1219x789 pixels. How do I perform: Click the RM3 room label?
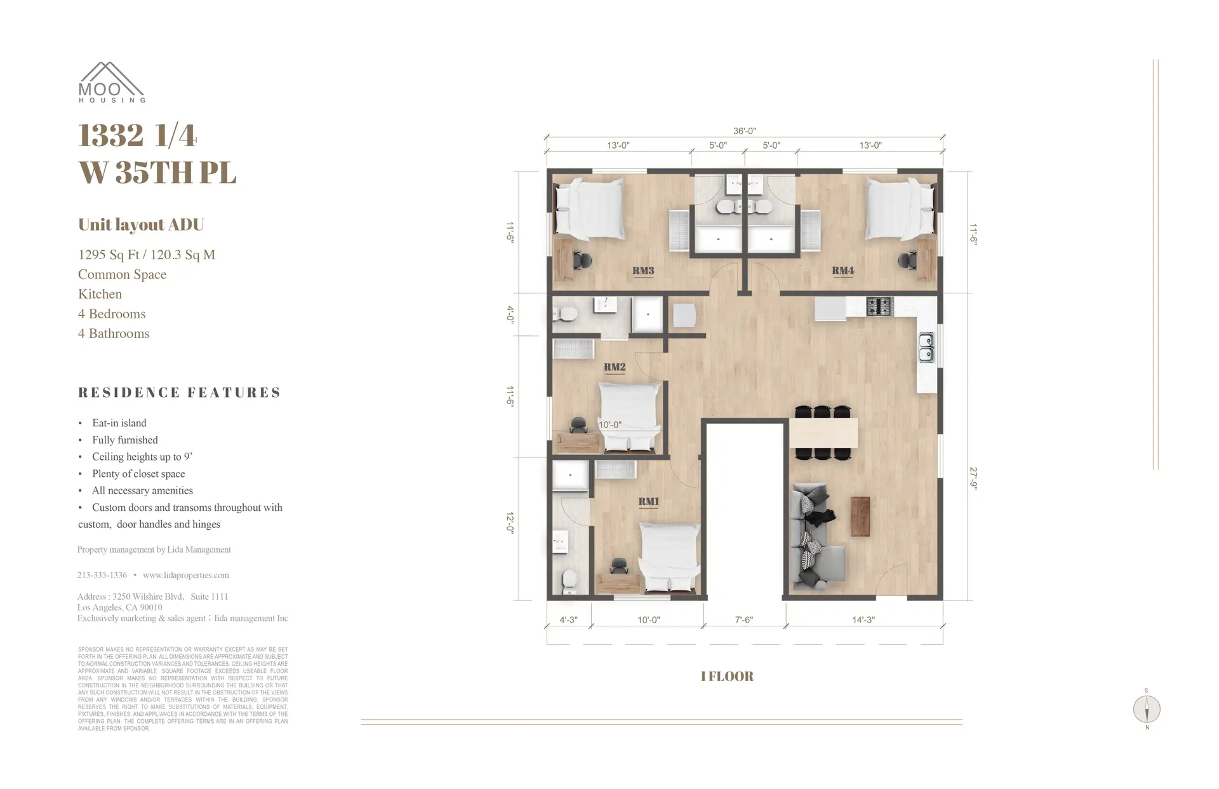tap(643, 271)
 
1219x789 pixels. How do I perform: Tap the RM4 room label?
tap(843, 271)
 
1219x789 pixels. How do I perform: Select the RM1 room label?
tap(648, 502)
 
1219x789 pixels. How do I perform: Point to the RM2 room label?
tap(614, 367)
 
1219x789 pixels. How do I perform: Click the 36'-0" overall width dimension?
tap(744, 131)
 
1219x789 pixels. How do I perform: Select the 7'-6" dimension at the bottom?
tap(743, 619)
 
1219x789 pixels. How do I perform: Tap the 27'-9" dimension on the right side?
tap(973, 478)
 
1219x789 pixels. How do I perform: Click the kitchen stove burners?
tap(879, 307)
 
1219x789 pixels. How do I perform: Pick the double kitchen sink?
tap(926, 348)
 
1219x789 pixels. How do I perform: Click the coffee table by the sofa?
tap(860, 516)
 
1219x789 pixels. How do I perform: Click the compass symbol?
tap(1147, 709)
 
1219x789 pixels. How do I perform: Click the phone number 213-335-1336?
tap(102, 575)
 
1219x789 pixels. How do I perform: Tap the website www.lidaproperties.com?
tap(185, 575)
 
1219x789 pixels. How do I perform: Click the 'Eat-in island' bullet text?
tap(119, 423)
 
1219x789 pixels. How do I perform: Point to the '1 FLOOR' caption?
tap(727, 677)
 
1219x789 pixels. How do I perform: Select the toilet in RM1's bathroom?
tap(570, 579)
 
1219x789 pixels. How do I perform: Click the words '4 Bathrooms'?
tap(114, 334)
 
